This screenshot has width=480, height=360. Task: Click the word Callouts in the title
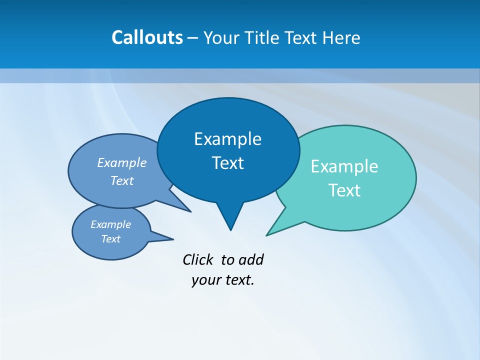[147, 37]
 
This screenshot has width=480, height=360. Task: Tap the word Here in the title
[341, 37]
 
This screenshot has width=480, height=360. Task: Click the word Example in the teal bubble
[344, 166]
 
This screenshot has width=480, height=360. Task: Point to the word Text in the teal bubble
[344, 190]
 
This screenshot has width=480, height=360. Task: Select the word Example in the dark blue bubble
[227, 139]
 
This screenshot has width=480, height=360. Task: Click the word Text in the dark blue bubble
[227, 163]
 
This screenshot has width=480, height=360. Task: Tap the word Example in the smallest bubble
[110, 224]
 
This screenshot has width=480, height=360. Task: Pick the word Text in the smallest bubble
[110, 239]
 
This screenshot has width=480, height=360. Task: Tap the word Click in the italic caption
[198, 259]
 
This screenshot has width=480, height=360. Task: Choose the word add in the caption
[250, 259]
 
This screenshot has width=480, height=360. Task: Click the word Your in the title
[221, 37]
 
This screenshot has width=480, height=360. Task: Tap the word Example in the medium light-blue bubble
[121, 162]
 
